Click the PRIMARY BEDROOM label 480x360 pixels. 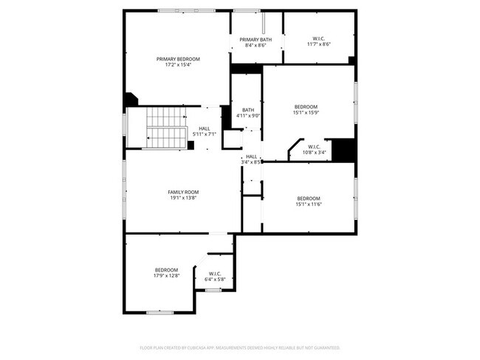pyautogui.click(x=177, y=58)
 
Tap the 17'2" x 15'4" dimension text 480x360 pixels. pyautogui.click(x=177, y=64)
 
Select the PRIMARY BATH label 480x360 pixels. pyautogui.click(x=255, y=39)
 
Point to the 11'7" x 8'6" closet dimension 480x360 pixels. pyautogui.click(x=319, y=44)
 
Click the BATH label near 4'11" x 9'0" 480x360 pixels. pyautogui.click(x=247, y=110)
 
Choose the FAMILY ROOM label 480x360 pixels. pyautogui.click(x=183, y=192)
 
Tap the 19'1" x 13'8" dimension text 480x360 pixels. pyautogui.click(x=183, y=198)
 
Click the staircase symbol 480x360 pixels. pyautogui.click(x=166, y=127)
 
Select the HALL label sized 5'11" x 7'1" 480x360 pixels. pyautogui.click(x=204, y=128)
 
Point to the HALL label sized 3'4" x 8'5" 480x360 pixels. pyautogui.click(x=252, y=156)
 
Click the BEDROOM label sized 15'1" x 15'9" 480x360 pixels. pyautogui.click(x=306, y=106)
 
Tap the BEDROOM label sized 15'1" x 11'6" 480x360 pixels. pyautogui.click(x=309, y=198)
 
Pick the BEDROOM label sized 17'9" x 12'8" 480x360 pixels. pyautogui.click(x=166, y=269)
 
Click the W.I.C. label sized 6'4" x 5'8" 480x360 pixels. pyautogui.click(x=215, y=274)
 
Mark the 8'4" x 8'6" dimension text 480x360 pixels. pyautogui.click(x=255, y=45)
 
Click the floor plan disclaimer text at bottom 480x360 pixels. pyautogui.click(x=239, y=347)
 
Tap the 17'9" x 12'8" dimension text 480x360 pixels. pyautogui.click(x=166, y=275)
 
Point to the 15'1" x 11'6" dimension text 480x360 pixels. pyautogui.click(x=309, y=204)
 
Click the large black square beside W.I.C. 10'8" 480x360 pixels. pyautogui.click(x=343, y=150)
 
